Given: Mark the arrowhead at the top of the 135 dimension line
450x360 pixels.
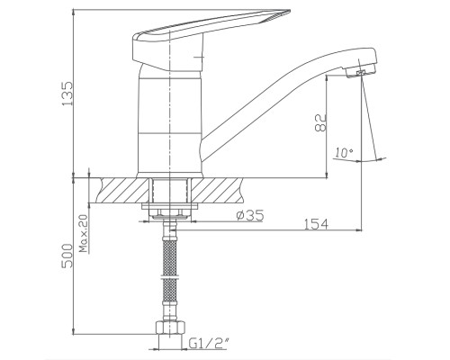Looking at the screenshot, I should pos(90,13).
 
